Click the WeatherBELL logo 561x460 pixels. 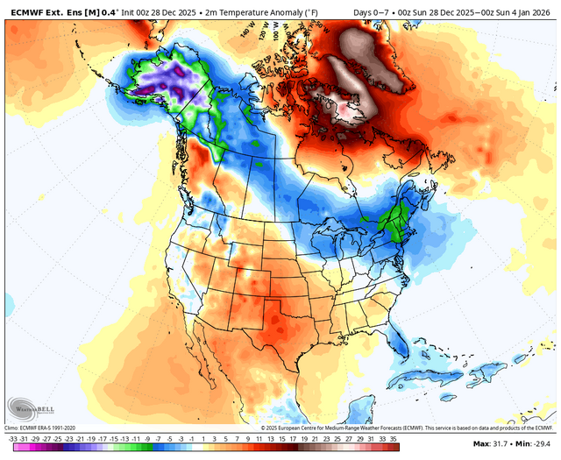(x=32, y=407)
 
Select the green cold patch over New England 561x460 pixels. (x=399, y=223)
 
